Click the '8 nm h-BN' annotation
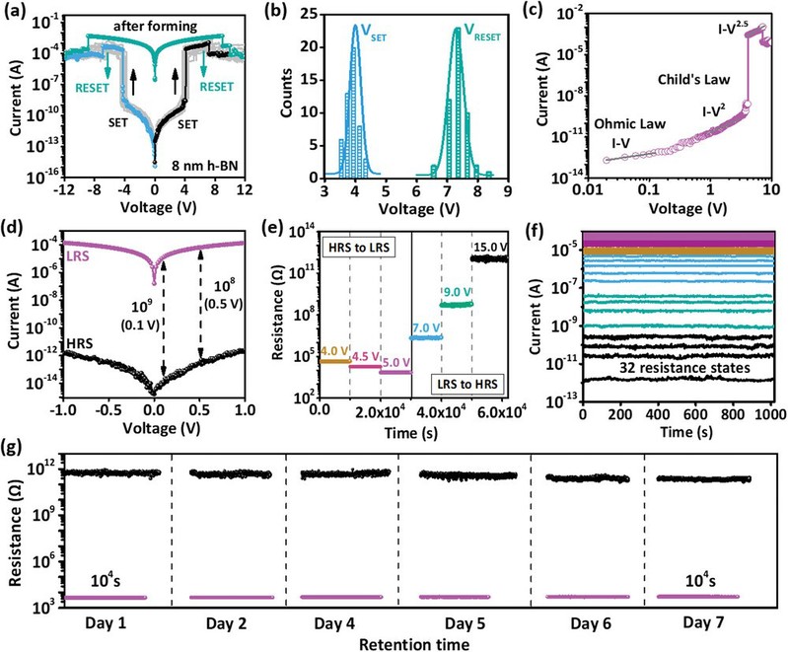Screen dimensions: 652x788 pyautogui.click(x=202, y=179)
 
